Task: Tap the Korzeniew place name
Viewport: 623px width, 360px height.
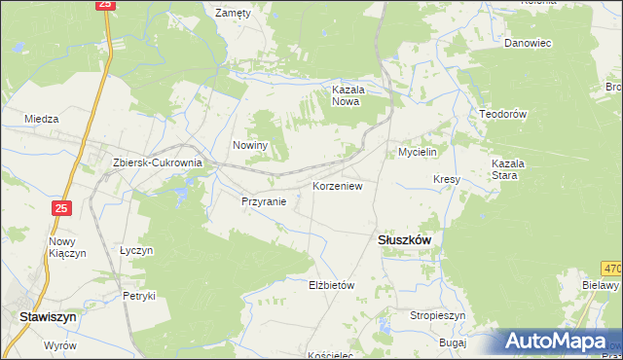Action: (x=338, y=185)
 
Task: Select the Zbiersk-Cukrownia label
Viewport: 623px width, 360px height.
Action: (x=157, y=163)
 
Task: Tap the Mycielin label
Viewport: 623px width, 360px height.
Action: (x=421, y=153)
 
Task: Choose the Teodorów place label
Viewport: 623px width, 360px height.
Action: (x=502, y=114)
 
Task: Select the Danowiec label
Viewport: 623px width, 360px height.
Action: (x=528, y=43)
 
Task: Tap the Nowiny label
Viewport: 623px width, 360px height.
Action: (x=249, y=145)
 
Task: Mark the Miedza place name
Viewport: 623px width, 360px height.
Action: (x=42, y=119)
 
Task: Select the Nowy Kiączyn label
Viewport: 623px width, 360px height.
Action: (x=68, y=247)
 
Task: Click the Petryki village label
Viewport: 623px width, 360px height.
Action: (x=138, y=295)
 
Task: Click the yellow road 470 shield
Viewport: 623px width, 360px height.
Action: (x=611, y=269)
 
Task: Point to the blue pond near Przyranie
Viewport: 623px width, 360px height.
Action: (x=181, y=198)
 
